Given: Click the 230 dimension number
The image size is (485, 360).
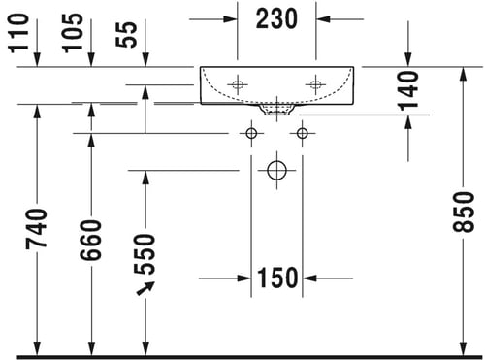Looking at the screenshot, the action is [276, 19].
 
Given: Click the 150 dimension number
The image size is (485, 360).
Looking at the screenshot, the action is [277, 278].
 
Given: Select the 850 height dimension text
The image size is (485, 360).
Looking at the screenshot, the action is [464, 212].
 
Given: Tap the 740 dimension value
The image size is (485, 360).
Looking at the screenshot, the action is [37, 229].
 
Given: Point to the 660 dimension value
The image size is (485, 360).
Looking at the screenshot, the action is [91, 240].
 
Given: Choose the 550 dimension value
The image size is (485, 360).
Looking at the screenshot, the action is [145, 254].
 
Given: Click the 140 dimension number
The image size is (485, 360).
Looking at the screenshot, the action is [408, 90].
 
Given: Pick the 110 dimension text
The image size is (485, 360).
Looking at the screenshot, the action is [18, 33].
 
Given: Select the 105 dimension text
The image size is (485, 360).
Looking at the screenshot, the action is [73, 33].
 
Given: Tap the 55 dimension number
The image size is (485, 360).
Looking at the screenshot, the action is [126, 35].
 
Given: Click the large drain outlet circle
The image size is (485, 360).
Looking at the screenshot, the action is [276, 170].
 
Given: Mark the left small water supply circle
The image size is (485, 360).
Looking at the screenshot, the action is [251, 133].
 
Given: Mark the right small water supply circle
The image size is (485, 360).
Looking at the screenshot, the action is [303, 133].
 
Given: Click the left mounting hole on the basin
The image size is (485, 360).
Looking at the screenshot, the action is [238, 84].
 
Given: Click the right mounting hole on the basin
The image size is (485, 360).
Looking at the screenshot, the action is [316, 84].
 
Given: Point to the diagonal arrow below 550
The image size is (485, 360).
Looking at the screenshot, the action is [145, 288].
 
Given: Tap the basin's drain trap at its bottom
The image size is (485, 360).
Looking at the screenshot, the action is [276, 110].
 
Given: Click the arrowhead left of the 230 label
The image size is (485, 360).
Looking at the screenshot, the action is [231, 19].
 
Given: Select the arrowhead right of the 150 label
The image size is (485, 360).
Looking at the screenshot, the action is [309, 278].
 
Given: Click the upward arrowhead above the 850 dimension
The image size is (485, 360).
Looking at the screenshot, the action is [464, 74].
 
